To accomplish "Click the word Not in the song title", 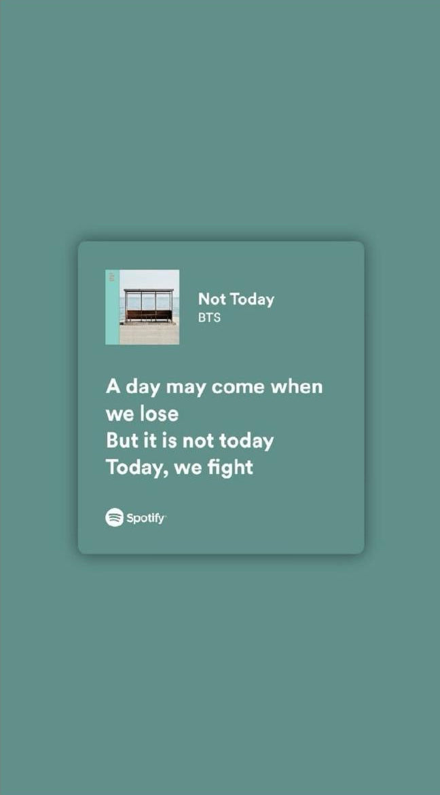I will click(211, 299).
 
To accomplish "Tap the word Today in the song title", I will click(252, 299).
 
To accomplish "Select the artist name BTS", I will click(209, 317).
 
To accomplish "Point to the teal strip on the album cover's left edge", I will click(112, 307).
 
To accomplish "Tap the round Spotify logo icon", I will click(114, 517).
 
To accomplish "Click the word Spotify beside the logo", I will click(145, 518).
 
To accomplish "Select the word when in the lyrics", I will click(297, 386).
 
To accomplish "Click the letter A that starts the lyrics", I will click(113, 386).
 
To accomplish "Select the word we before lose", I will click(120, 414).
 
